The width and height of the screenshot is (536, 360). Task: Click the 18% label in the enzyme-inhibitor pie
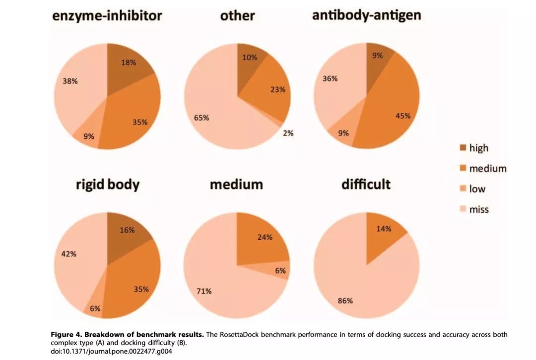point(129,62)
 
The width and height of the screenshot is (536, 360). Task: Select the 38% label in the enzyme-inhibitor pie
point(70,81)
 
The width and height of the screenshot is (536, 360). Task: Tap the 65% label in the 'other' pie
point(201,118)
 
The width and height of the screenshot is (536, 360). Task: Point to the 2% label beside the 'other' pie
point(288,133)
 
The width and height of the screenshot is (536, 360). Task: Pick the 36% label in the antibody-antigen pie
point(330,78)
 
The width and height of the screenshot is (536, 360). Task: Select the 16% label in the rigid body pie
point(127,230)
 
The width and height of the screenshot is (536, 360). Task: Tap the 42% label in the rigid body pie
point(68,253)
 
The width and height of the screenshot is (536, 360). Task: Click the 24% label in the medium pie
point(265,237)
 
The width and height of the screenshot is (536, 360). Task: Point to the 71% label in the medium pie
point(204,291)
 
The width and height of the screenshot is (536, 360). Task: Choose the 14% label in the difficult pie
point(384,229)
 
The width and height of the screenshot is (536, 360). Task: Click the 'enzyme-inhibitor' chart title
point(107,16)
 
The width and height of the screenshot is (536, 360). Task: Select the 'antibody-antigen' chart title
point(366,15)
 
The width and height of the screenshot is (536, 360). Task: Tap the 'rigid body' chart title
point(108,185)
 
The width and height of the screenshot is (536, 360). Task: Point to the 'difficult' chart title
point(366,184)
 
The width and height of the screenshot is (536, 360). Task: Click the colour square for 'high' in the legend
point(463,148)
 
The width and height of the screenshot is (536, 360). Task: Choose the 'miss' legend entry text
point(479,210)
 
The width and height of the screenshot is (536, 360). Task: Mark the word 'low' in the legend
point(477,189)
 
